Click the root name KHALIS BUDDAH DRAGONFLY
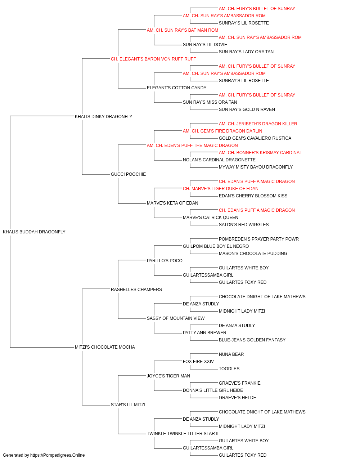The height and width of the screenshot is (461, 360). [x=34, y=232]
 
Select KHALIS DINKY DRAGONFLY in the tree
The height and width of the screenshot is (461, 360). [x=103, y=116]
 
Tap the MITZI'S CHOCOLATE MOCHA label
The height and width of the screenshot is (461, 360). [x=105, y=347]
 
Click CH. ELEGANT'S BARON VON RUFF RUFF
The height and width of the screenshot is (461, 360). [x=153, y=59]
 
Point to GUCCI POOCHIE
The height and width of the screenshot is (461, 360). [x=128, y=174]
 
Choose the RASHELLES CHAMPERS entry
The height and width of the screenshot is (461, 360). [x=136, y=289]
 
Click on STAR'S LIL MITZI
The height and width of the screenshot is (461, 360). [x=128, y=405]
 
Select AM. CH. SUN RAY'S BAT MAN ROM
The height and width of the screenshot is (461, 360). [x=183, y=30]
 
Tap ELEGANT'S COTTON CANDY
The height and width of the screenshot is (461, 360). [x=177, y=88]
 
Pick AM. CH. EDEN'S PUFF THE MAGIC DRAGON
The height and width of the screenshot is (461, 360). [x=192, y=145]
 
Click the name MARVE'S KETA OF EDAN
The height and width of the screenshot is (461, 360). [x=172, y=203]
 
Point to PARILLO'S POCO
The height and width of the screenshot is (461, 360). [x=165, y=260]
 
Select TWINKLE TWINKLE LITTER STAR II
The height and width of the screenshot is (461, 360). [x=183, y=433]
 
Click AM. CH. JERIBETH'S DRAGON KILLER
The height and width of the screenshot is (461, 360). [x=258, y=124]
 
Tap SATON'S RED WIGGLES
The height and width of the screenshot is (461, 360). [x=244, y=225]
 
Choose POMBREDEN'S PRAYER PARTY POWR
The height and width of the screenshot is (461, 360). [x=258, y=239]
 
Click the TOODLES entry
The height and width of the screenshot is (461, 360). [x=229, y=369]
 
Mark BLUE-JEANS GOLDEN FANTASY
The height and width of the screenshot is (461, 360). [x=252, y=340]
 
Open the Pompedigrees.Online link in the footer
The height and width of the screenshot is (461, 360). [x=58, y=455]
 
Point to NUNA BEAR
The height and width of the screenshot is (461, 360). [x=231, y=354]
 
